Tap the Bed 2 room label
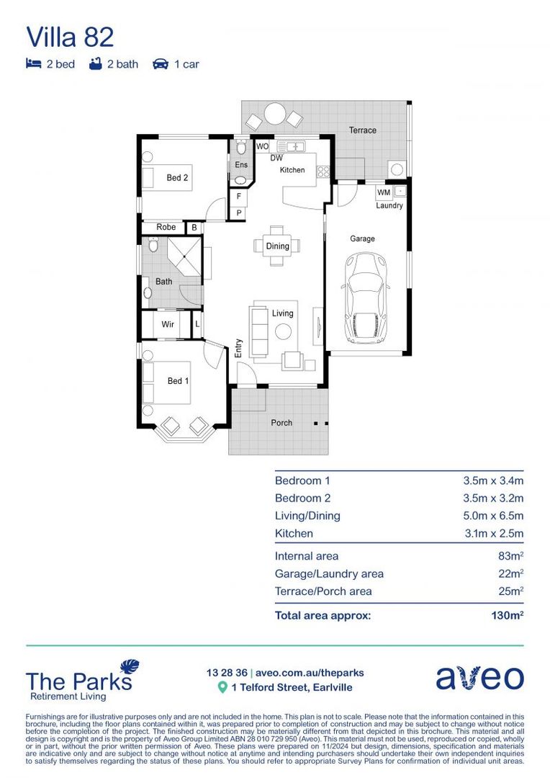point(177,177)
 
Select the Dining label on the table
point(277,246)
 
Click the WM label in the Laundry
point(383,192)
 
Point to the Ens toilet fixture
point(241,148)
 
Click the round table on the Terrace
point(274,114)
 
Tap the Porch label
point(281,423)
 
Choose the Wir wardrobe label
point(168,325)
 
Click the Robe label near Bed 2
point(166,228)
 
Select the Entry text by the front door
point(239,349)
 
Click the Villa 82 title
point(70,37)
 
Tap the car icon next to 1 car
point(160,64)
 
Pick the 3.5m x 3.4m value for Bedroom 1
point(492,480)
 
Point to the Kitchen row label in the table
point(294,534)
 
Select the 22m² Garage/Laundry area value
point(508,574)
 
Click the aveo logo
point(479,678)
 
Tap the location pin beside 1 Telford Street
point(222,687)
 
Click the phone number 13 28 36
point(226,673)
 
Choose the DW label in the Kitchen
point(276,158)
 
